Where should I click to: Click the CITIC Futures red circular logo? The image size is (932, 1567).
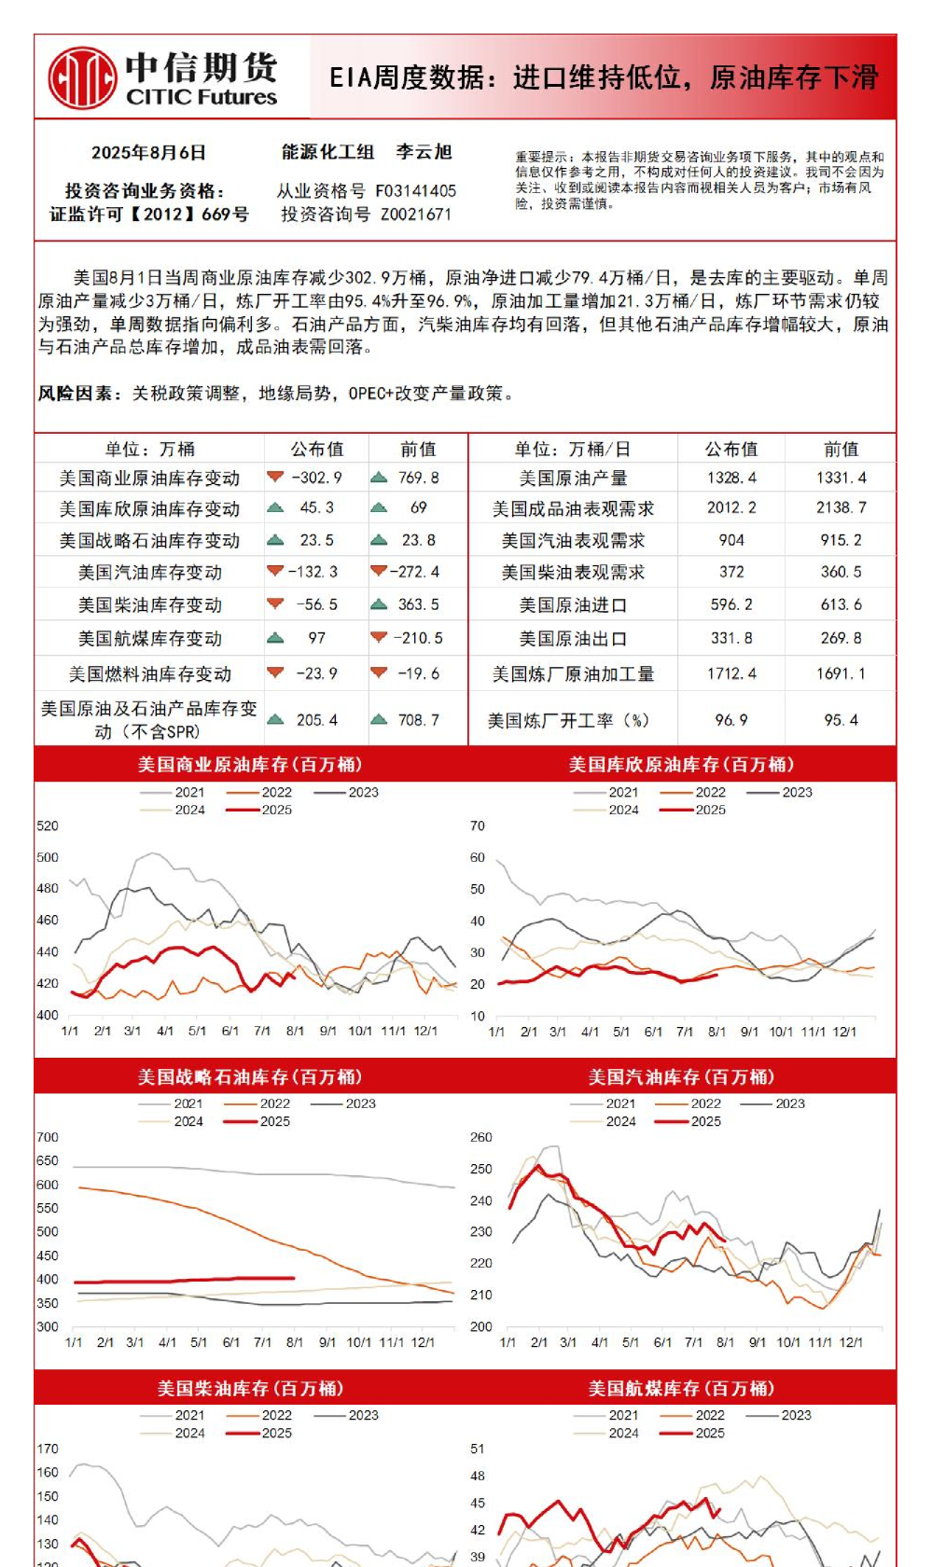(82, 78)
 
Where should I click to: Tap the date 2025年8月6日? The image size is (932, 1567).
(148, 153)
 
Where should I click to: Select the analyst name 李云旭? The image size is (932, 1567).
(424, 152)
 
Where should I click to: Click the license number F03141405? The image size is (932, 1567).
(415, 191)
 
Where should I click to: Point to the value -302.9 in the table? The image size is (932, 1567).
(317, 478)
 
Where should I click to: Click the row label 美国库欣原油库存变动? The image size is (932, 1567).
(149, 509)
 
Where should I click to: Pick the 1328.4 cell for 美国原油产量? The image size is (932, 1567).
(731, 478)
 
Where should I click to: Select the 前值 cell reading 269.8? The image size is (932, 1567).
(841, 638)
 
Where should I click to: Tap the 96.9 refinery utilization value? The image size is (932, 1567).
(731, 720)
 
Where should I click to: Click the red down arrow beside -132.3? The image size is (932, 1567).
(275, 571)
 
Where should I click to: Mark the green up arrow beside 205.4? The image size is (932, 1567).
(275, 719)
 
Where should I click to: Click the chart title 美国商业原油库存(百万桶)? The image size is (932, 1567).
(250, 765)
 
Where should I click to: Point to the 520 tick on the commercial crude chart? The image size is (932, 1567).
(48, 825)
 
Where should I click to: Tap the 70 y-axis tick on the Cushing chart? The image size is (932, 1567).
(478, 825)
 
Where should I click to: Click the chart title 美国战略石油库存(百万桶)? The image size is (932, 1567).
(250, 1077)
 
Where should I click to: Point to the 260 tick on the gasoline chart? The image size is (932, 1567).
(481, 1137)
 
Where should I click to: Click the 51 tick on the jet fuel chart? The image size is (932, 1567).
(478, 1449)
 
